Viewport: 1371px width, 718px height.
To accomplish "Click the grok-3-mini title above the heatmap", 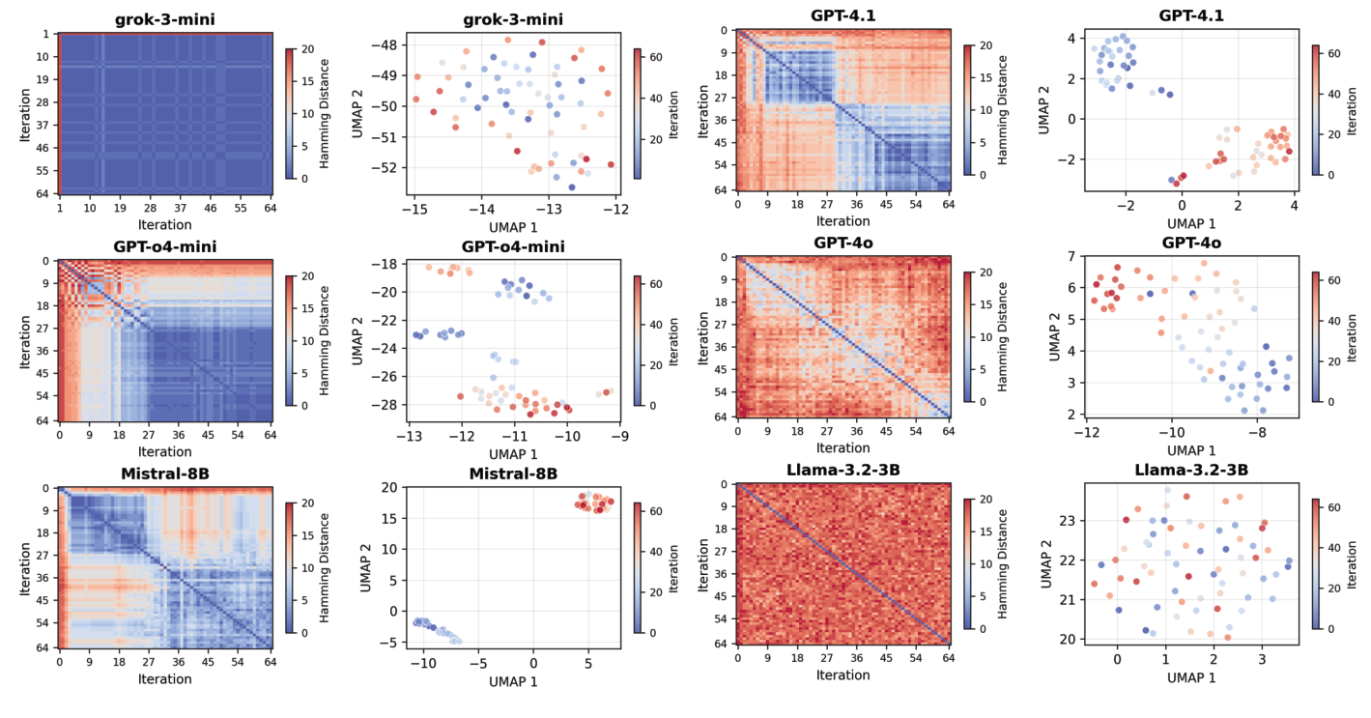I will [x=165, y=19].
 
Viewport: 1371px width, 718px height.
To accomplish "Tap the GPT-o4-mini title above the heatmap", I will [x=165, y=246].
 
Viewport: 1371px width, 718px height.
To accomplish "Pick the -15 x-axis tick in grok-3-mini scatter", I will [x=414, y=209].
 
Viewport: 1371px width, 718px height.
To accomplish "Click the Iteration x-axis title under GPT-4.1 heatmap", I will [x=843, y=219].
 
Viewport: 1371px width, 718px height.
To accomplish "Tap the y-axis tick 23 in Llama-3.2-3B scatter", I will [x=1067, y=521].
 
